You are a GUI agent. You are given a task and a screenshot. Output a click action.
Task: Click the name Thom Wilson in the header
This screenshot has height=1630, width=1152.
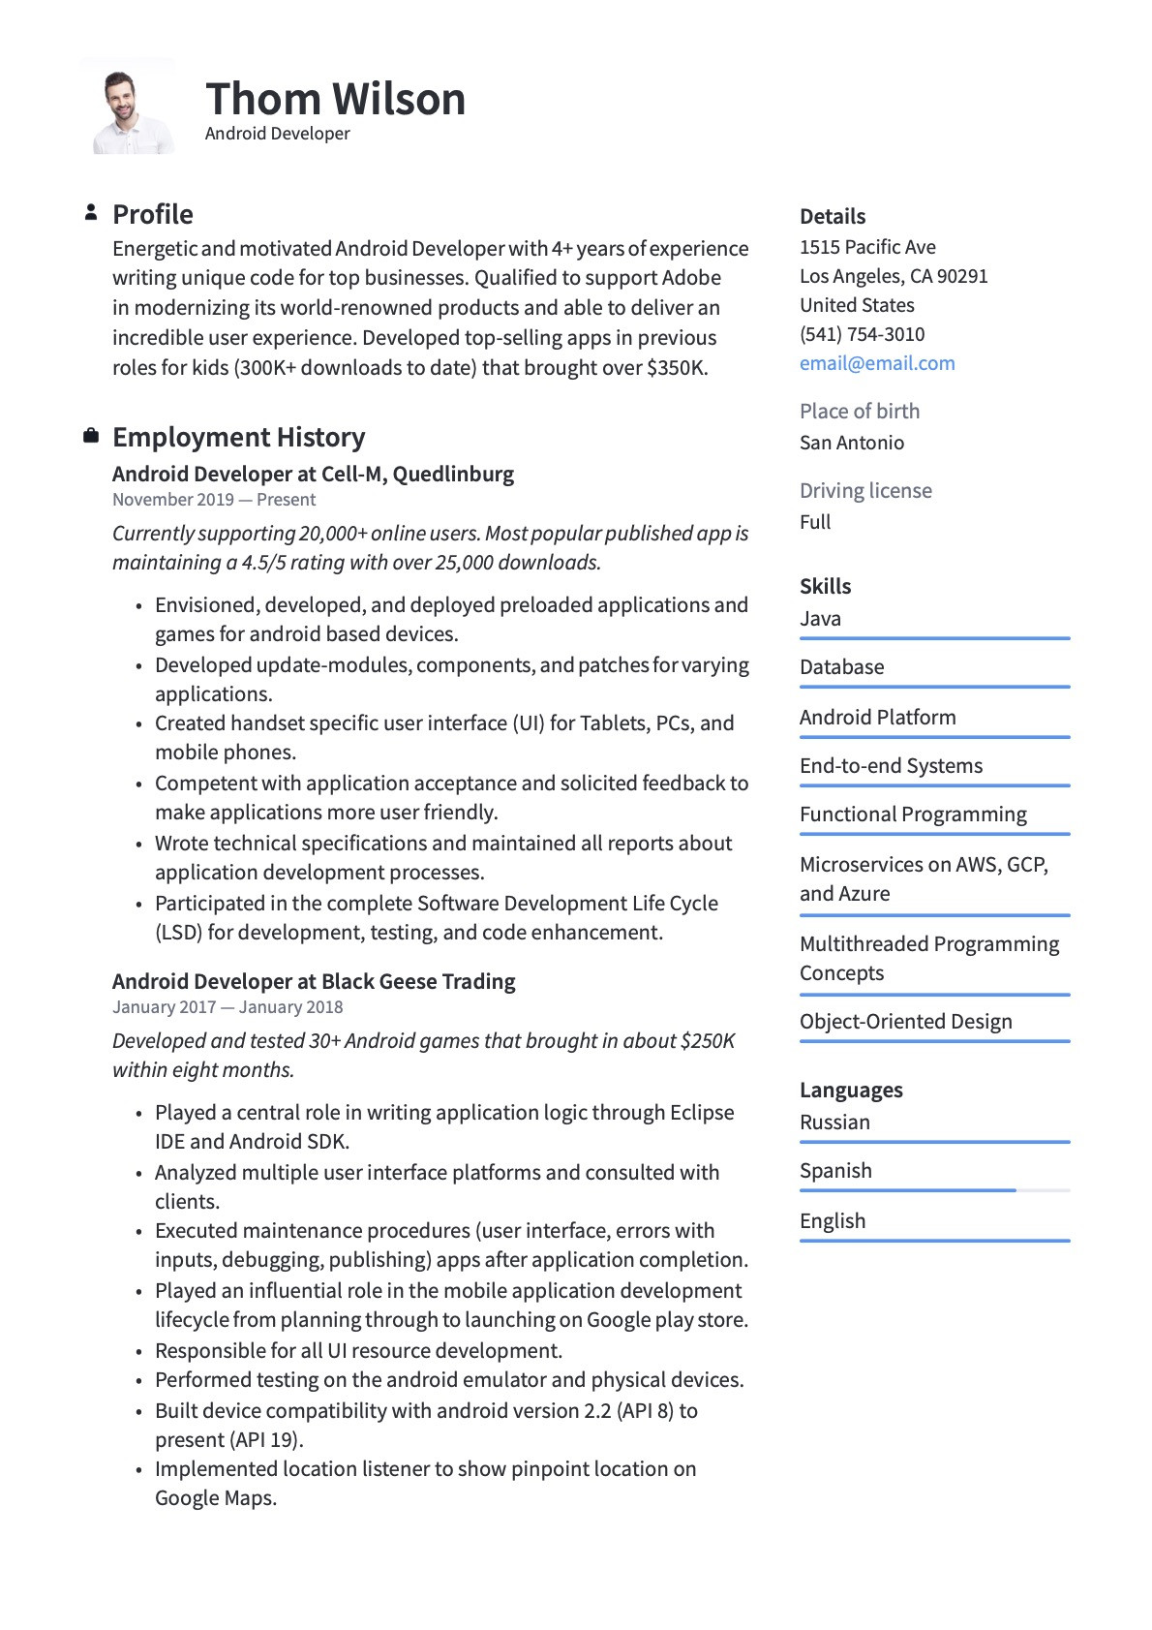[335, 99]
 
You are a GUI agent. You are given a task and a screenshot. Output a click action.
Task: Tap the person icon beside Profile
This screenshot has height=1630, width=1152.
[91, 212]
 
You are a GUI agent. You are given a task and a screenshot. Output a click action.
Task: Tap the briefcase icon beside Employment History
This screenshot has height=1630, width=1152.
[91, 436]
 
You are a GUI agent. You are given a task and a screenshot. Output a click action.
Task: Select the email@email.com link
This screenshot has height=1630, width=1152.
[877, 363]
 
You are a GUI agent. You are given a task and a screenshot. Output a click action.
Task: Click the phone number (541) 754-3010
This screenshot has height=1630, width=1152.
[862, 334]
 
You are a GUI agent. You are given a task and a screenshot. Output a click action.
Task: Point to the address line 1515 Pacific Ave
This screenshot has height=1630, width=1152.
[867, 247]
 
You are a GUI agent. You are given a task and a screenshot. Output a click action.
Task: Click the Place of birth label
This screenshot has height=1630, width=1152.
[859, 412]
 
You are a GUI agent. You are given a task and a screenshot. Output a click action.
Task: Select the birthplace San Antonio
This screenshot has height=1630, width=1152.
[852, 443]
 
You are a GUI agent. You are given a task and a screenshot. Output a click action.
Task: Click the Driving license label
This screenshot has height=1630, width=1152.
[865, 491]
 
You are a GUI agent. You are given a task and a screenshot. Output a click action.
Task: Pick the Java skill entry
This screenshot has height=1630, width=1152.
[820, 619]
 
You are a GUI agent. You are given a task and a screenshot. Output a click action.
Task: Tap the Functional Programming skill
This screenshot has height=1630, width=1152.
[913, 815]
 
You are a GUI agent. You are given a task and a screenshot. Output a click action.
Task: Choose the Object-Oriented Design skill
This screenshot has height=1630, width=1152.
[905, 1022]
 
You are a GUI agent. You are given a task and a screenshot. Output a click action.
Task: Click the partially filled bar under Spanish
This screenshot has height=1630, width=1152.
[907, 1189]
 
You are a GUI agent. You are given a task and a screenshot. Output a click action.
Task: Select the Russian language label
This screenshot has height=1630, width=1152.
[834, 1123]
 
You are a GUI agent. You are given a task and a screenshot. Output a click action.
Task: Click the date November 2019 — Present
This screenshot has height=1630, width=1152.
[214, 500]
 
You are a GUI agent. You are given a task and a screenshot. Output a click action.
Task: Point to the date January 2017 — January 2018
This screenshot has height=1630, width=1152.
[227, 1007]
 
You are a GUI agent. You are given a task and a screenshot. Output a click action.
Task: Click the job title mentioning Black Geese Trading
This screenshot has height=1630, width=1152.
[314, 981]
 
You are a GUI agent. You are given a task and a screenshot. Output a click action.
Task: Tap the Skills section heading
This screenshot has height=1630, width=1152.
[825, 586]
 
